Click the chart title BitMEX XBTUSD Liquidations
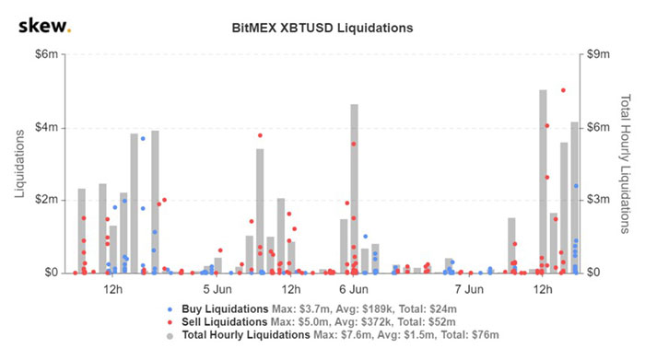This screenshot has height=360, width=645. point(322,28)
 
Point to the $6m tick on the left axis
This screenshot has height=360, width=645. point(46,54)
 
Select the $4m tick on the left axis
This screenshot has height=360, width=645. point(46,127)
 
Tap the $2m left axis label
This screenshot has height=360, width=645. point(46,200)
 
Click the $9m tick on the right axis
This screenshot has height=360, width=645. point(600,54)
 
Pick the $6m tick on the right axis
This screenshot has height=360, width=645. point(600,127)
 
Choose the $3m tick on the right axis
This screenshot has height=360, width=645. point(600,200)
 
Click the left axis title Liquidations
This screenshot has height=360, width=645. point(19,164)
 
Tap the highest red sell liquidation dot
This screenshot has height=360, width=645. point(563,90)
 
